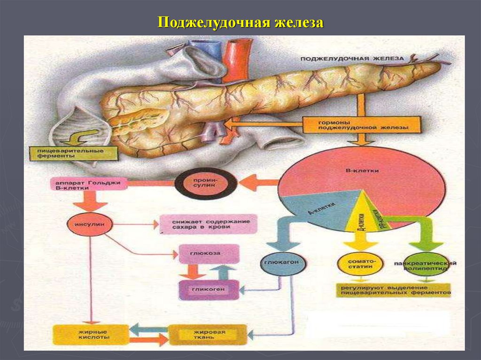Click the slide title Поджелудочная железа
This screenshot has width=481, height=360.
pyautogui.click(x=240, y=22)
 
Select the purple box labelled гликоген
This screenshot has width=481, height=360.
pyautogui.click(x=209, y=290)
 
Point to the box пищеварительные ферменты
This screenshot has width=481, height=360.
pyautogui.click(x=72, y=153)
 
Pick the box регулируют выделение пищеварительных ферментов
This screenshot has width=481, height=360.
pyautogui.click(x=393, y=290)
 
